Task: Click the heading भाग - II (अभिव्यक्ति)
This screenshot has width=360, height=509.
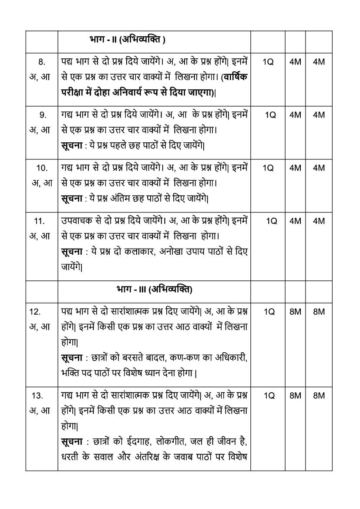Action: pos(126,40)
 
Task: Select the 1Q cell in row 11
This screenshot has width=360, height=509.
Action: pos(271,221)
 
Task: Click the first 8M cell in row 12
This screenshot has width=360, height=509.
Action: pos(295,312)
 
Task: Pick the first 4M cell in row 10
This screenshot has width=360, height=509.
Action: pos(295,168)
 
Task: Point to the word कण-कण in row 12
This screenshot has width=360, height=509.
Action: pos(174,357)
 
